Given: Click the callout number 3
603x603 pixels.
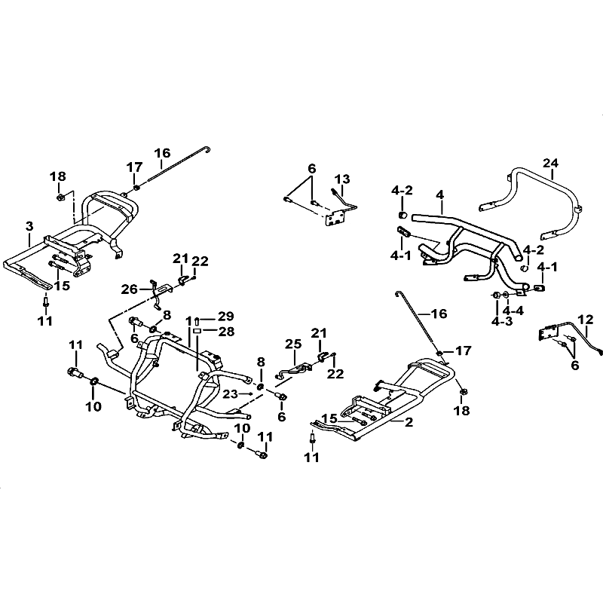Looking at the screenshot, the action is point(29,226).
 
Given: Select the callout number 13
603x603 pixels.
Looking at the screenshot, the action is point(342,179).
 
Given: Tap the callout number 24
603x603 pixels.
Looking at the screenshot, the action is point(550,163).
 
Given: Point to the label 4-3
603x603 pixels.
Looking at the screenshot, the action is point(502,322).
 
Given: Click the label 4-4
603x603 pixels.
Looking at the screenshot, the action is point(513,310).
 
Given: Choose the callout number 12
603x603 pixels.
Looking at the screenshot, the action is point(586,319).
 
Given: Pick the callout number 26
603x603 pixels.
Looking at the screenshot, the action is point(130,289).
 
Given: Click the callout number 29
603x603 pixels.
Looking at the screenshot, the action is point(225,317).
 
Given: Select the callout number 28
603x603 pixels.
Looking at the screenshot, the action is point(225,331).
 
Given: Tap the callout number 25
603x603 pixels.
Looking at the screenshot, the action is point(293,344).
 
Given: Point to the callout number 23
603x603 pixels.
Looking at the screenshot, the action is point(231,393).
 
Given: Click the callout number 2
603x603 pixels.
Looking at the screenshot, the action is point(409,422).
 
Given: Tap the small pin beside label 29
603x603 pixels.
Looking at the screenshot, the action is point(197,320).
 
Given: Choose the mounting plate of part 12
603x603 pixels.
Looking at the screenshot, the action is point(549,332).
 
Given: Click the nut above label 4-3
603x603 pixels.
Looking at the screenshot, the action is point(497,295).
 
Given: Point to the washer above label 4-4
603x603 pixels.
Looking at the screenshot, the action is point(506,295).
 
